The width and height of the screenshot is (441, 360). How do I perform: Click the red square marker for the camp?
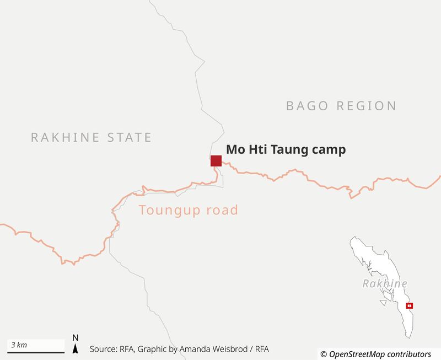click(x=216, y=160)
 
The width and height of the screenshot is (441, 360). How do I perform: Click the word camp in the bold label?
click(x=328, y=150)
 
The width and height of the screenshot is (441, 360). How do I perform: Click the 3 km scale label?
click(x=19, y=345)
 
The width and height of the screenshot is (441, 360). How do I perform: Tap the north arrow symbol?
click(x=76, y=348)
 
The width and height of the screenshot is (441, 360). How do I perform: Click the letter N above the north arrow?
click(x=76, y=337)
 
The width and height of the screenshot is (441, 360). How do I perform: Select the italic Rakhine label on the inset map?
click(x=385, y=284)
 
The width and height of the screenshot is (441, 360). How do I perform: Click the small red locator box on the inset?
click(x=409, y=305)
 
